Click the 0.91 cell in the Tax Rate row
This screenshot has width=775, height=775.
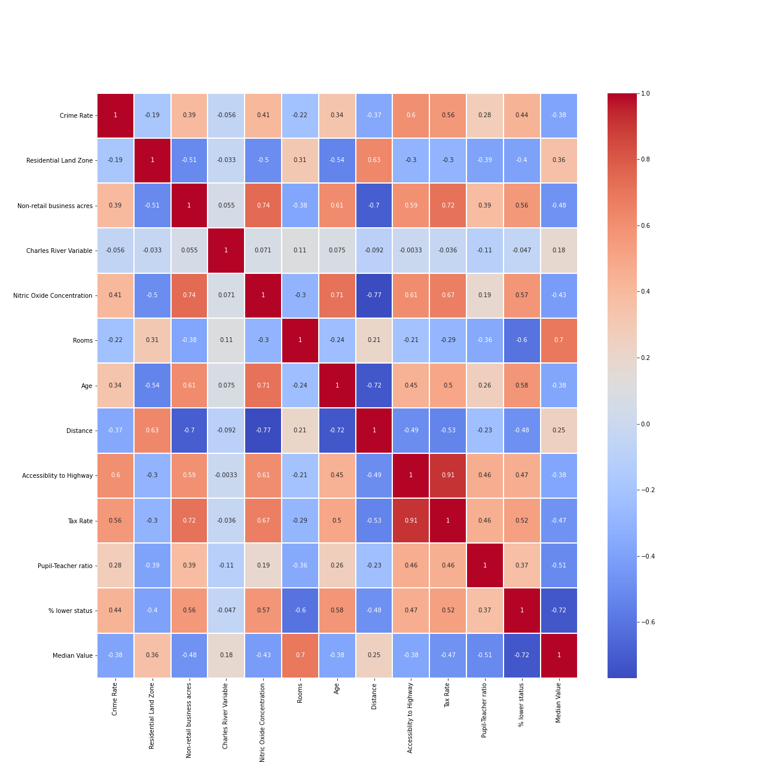[411, 520]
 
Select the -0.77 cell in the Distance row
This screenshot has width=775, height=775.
[263, 431]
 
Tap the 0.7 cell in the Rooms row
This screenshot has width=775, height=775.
[559, 340]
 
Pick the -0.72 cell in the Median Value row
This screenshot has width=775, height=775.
[521, 655]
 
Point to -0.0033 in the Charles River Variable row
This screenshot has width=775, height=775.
[411, 251]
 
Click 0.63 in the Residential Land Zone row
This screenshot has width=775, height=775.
[374, 160]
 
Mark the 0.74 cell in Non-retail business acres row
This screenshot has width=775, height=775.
[263, 205]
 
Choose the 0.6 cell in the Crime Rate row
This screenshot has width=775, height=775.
[411, 115]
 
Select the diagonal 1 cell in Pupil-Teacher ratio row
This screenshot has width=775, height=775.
[485, 565]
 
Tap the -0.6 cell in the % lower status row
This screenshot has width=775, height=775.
[300, 611]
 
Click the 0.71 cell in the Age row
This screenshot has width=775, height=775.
[263, 386]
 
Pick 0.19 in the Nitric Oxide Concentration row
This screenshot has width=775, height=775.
[485, 295]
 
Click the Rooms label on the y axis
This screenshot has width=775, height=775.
[83, 340]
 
